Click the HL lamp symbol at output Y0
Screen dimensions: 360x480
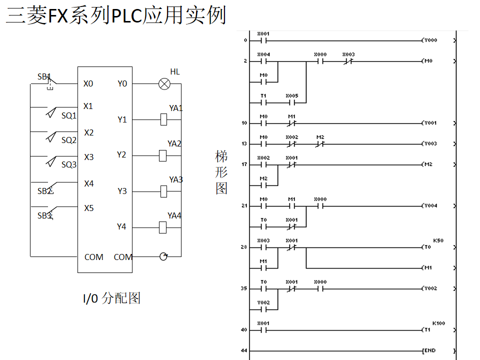(164, 84)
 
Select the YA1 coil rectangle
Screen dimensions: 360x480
(163, 119)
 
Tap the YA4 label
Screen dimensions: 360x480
(174, 215)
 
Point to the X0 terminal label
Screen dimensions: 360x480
(88, 83)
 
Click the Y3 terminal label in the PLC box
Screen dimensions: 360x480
(122, 191)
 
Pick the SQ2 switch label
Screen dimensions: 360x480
(69, 140)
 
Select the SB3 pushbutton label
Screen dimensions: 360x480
(44, 215)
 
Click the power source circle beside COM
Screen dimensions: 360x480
(163, 256)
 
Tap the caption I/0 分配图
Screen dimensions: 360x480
(111, 298)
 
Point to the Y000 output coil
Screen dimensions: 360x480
(430, 40)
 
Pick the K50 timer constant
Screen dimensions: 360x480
(438, 240)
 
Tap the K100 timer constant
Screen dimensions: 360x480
(438, 323)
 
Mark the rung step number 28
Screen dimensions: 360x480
(244, 247)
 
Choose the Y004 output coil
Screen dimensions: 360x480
(430, 205)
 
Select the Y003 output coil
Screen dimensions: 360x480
(430, 143)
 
